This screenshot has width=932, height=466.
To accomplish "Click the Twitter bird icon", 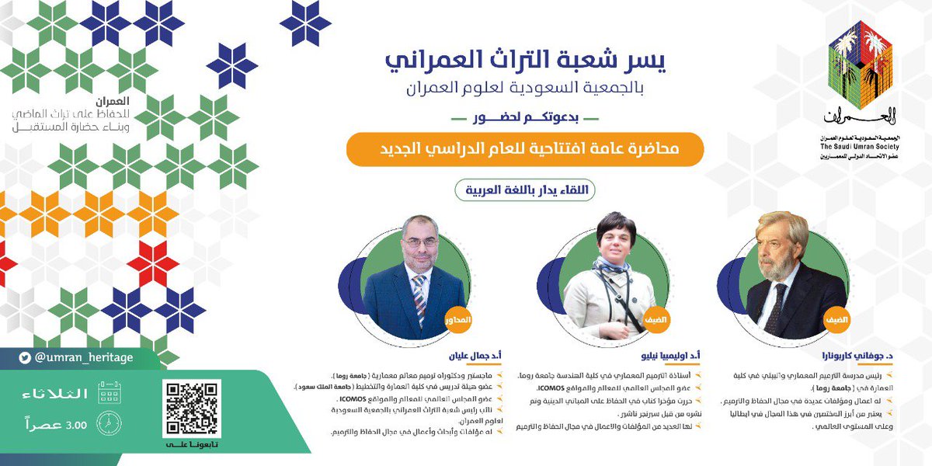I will click(x=26, y=358).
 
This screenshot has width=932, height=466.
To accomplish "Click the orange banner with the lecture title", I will click(x=525, y=148).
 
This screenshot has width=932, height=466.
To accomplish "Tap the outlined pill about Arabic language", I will click(x=526, y=189).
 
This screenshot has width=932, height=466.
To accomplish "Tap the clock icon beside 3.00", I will click(x=108, y=423).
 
